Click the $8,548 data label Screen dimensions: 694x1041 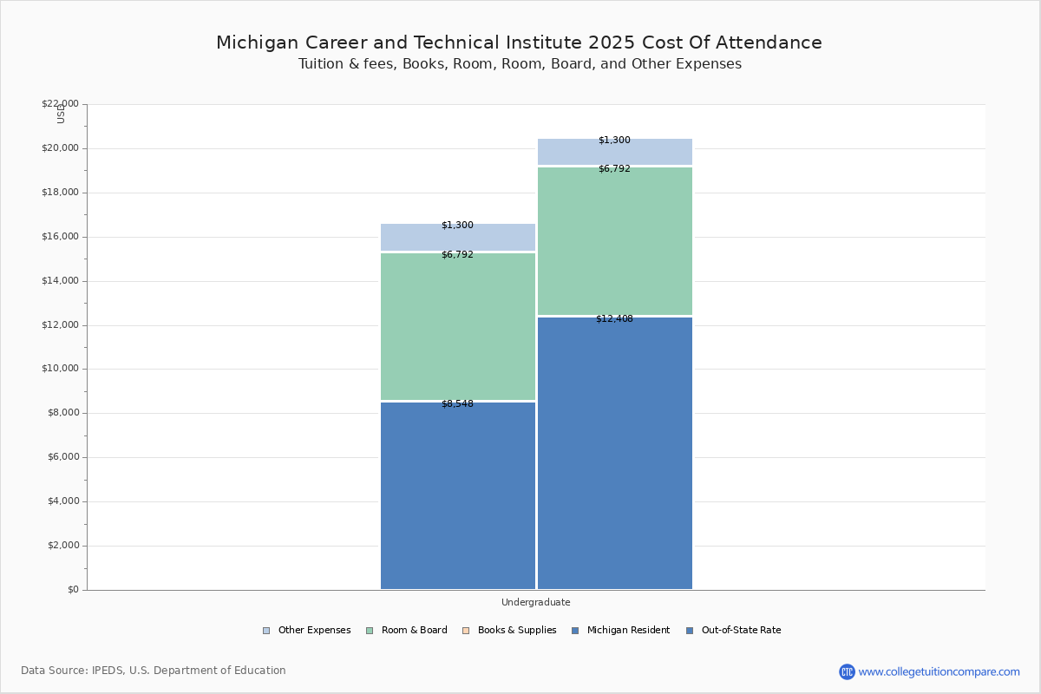457,404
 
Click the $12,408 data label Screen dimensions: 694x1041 614,319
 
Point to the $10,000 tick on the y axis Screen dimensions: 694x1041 60,369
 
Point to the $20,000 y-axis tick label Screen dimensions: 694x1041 60,148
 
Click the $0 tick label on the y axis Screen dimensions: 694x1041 72,590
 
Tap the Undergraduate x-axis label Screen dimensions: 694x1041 535,602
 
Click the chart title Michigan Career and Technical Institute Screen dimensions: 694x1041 519,43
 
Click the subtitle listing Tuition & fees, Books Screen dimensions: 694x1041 520,64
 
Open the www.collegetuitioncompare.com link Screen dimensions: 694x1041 939,671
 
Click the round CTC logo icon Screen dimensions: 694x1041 847,671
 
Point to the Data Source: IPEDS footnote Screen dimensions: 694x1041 154,671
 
